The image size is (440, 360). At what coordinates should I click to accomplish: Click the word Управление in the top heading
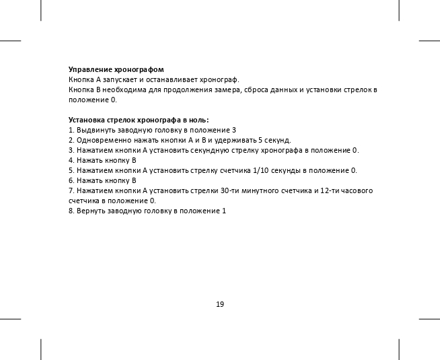pyautogui.click(x=91, y=70)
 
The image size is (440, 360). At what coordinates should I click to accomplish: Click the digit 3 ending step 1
pyautogui.click(x=233, y=130)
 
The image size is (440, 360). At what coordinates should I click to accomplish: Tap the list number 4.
pyautogui.click(x=71, y=160)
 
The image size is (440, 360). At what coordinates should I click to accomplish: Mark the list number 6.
pyautogui.click(x=71, y=180)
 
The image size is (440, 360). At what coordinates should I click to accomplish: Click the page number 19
pyautogui.click(x=220, y=304)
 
